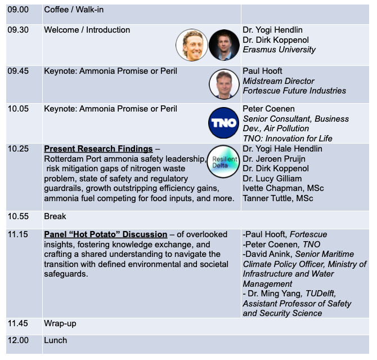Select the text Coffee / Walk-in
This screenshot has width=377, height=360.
[74, 10]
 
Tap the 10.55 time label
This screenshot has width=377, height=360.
[18, 216]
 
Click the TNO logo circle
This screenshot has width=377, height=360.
[223, 123]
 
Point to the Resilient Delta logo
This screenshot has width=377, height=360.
[223, 161]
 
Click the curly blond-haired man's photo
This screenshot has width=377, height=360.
[192, 45]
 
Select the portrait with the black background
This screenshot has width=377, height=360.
[224, 45]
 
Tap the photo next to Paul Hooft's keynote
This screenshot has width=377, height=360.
[224, 84]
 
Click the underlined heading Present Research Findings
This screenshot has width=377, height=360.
[98, 149]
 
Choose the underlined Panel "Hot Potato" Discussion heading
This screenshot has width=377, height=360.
[106, 234]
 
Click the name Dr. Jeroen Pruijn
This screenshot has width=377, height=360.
[274, 159]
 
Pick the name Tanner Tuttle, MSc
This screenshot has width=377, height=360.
[278, 198]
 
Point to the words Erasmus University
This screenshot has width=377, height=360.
[279, 50]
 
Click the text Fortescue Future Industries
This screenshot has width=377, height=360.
[294, 91]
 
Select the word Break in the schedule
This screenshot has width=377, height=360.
[55, 216]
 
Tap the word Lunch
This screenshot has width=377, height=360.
[55, 340]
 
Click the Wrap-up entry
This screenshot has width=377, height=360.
[60, 323]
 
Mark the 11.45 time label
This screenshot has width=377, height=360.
[18, 323]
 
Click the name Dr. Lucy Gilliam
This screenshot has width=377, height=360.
[272, 179]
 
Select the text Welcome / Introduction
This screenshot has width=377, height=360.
[87, 30]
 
